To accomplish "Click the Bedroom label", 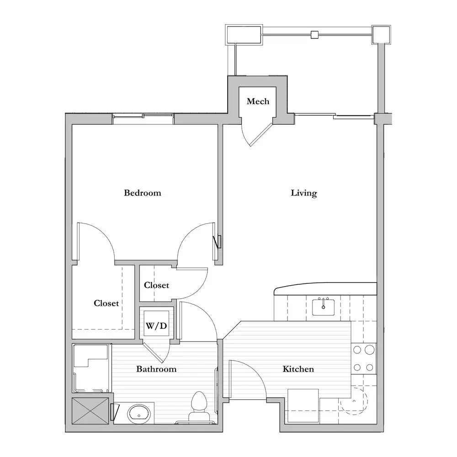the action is (142, 193).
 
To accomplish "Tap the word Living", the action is (304, 193).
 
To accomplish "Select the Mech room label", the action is (258, 101).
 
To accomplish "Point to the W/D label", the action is (156, 325).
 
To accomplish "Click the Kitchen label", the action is (298, 369).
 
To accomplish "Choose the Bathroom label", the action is (156, 369).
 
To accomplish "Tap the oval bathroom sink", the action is (139, 414).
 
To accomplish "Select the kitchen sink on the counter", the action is (323, 307).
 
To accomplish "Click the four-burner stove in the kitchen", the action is (364, 359).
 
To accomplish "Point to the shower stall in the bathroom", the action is (91, 368).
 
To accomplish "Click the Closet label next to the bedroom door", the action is (156, 285).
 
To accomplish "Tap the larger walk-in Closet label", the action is (106, 303).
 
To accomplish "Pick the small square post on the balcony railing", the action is (314, 35).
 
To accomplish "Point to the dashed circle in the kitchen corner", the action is (354, 400).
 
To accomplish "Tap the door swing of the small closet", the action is (191, 284).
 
